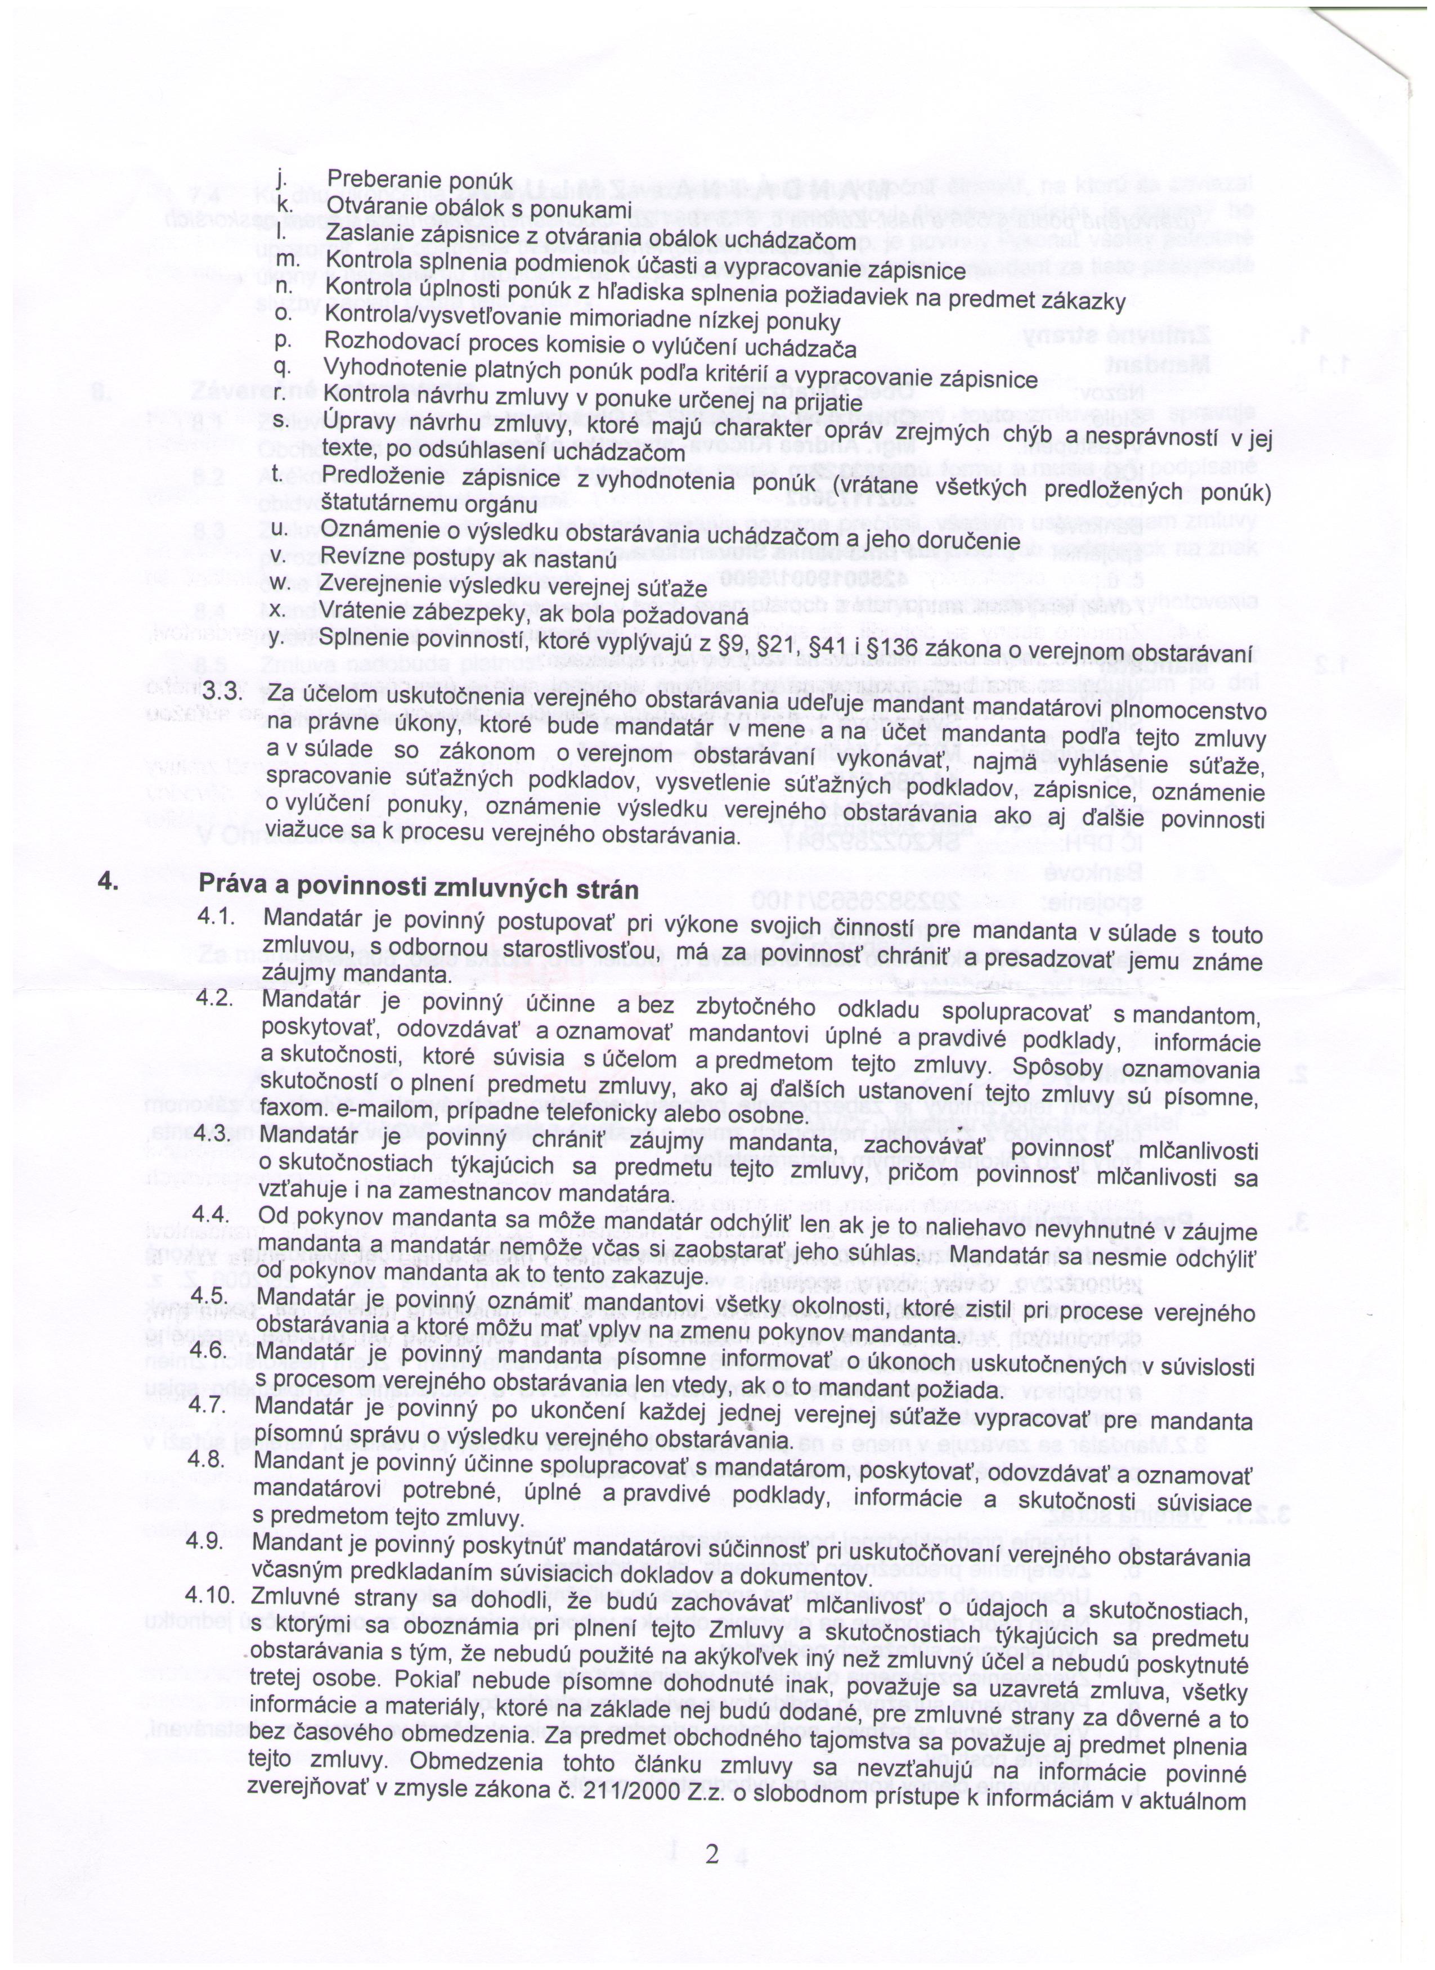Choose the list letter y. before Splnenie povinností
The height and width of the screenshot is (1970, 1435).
tap(279, 638)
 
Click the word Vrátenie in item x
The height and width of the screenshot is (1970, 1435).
tap(358, 612)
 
